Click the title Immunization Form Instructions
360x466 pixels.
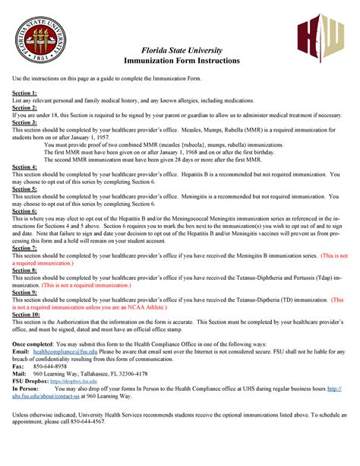(180, 60)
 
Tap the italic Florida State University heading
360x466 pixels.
(180, 49)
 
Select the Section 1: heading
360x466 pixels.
(24, 93)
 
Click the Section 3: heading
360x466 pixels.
(24, 122)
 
